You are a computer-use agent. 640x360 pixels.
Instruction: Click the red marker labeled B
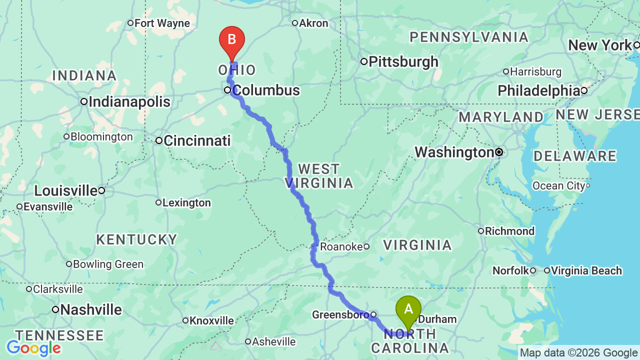(x=232, y=40)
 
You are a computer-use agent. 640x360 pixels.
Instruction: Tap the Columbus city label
(x=266, y=90)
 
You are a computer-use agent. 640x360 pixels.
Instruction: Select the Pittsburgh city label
(x=403, y=62)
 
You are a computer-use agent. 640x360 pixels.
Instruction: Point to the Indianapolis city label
(x=129, y=102)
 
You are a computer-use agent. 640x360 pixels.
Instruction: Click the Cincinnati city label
(x=197, y=141)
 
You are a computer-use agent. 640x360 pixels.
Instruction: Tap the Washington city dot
(x=499, y=152)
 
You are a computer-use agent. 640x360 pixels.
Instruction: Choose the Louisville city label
(x=65, y=190)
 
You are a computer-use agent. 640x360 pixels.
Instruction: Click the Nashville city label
(x=90, y=310)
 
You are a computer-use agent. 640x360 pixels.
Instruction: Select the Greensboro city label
(x=340, y=315)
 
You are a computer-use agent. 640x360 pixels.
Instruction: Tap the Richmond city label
(x=510, y=231)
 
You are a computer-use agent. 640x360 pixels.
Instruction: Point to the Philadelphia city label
(x=538, y=90)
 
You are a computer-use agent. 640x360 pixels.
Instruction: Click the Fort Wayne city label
(x=162, y=23)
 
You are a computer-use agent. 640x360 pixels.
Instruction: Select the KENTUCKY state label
(x=136, y=239)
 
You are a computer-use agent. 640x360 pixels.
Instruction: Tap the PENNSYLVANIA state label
(x=469, y=37)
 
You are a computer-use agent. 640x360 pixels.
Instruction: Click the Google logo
(x=33, y=348)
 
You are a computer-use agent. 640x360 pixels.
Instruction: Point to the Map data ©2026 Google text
(x=578, y=353)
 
